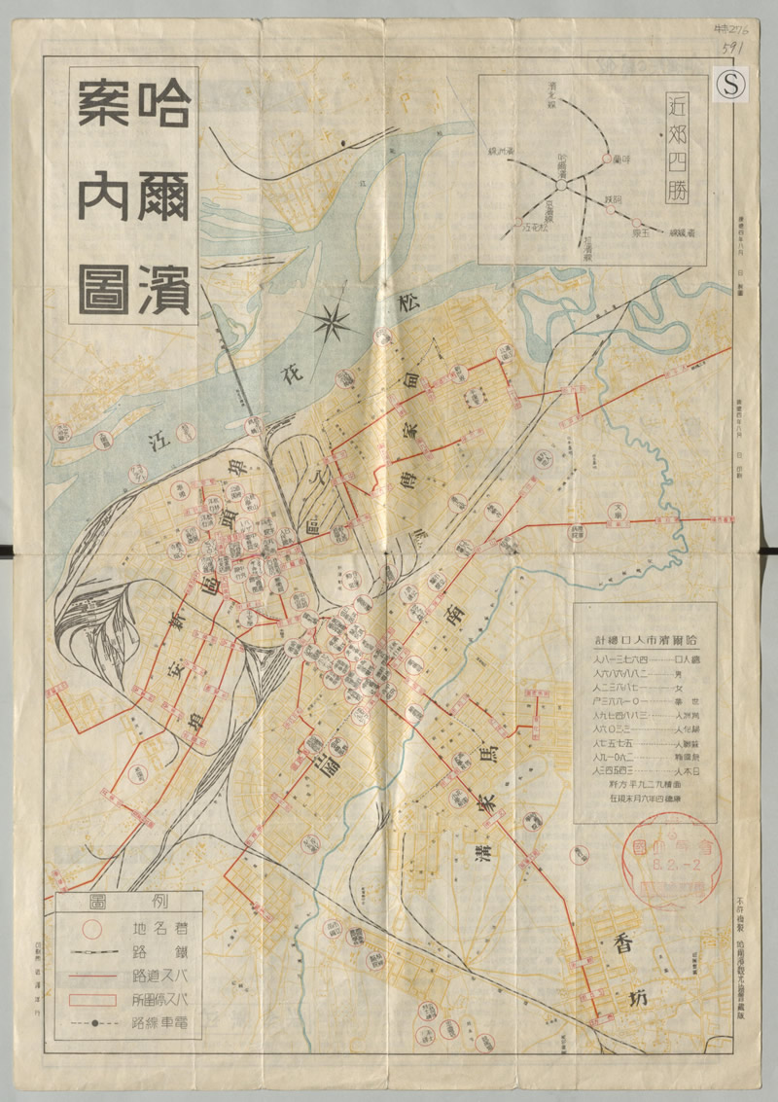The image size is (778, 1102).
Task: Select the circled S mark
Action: [x=731, y=86]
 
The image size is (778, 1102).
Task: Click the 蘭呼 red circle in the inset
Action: [x=610, y=159]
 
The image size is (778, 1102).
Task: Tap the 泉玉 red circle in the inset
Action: [x=610, y=223]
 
